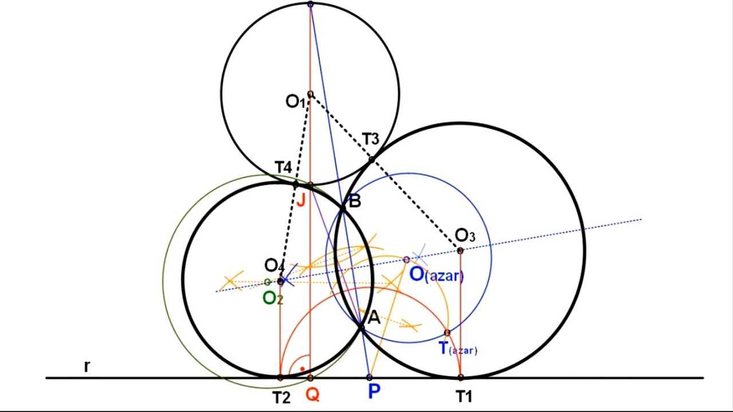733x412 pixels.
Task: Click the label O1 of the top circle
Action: [x=295, y=102]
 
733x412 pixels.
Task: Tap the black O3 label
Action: [x=465, y=235]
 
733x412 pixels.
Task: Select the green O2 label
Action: [x=273, y=298]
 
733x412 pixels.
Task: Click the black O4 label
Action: [x=274, y=266]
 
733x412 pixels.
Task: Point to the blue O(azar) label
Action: [x=436, y=275]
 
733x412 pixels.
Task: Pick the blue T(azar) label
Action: [x=458, y=348]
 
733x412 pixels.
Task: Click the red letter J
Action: [x=301, y=200]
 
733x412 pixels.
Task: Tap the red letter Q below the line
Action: [x=313, y=395]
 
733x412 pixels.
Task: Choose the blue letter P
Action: [x=374, y=391]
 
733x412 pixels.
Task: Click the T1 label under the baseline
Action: [x=464, y=397]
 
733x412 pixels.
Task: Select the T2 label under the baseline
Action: [x=281, y=398]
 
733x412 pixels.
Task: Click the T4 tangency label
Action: [x=283, y=168]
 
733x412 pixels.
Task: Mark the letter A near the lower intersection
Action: [x=374, y=318]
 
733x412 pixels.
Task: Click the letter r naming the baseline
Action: [x=86, y=367]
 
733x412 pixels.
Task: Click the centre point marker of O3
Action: [x=460, y=251]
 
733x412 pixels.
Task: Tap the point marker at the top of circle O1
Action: [x=310, y=4]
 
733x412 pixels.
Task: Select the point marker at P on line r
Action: [x=369, y=377]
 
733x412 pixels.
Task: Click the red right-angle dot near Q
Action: [x=302, y=369]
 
